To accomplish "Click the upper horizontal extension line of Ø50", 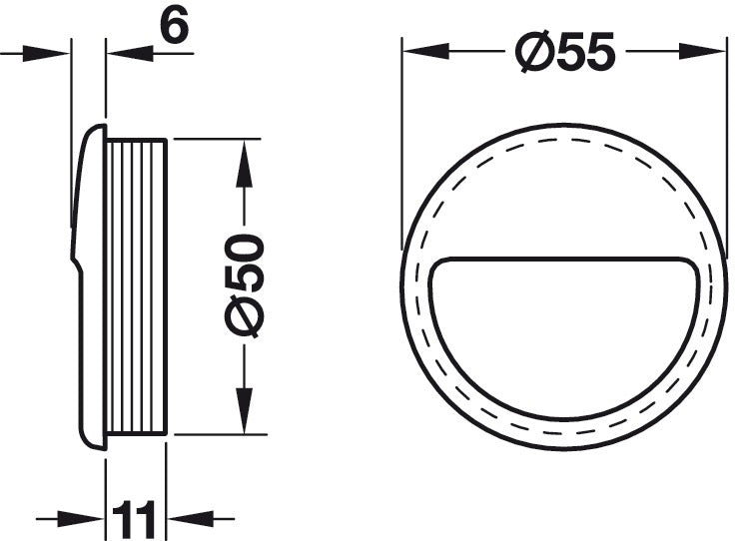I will pyautogui.click(x=210, y=140).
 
